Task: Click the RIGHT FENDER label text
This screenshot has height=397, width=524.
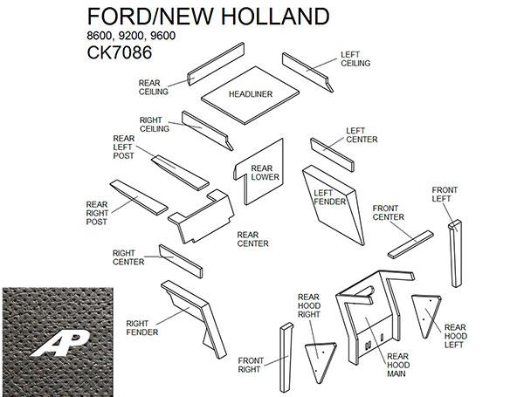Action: click(141, 326)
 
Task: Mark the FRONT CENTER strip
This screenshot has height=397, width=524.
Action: click(410, 243)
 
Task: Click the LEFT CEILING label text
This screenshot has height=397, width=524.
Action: click(355, 58)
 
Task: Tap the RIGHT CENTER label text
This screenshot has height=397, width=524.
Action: click(128, 257)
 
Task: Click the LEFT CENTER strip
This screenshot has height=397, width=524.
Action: click(332, 154)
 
